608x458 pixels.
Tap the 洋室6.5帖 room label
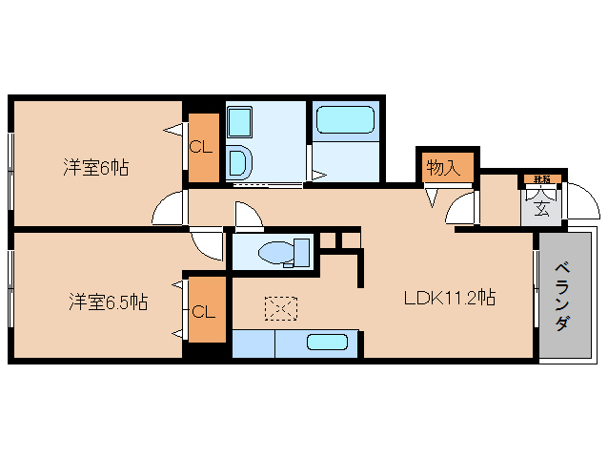[x=107, y=302]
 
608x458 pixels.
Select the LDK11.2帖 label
[x=449, y=298]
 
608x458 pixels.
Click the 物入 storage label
[x=442, y=168]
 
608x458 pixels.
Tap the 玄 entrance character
[x=540, y=209]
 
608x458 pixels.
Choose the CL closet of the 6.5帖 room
[x=202, y=311]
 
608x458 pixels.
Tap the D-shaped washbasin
[x=239, y=163]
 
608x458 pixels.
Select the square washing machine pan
[x=238, y=123]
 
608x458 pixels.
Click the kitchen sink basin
[x=328, y=343]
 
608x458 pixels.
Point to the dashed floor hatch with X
[x=281, y=308]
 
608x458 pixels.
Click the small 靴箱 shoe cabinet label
[x=541, y=178]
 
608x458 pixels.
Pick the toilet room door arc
[x=249, y=217]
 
